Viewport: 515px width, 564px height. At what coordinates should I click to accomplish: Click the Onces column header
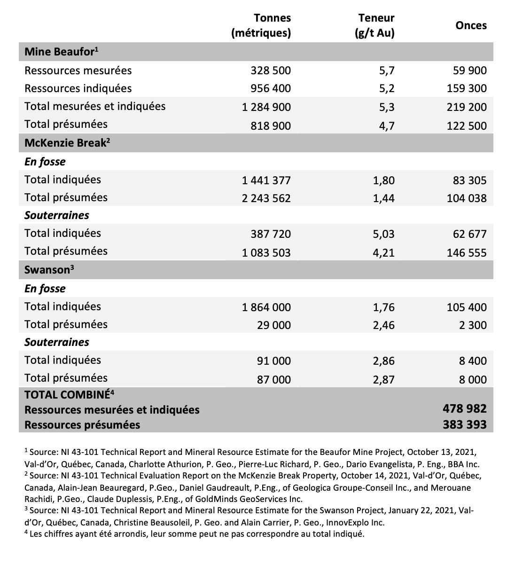click(471, 25)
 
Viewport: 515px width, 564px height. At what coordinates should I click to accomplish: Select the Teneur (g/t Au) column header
click(376, 25)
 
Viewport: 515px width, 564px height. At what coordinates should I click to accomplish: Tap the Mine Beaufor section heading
click(61, 52)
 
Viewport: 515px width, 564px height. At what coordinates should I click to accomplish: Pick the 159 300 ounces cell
click(467, 88)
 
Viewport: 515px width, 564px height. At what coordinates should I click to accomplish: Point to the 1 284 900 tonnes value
click(266, 107)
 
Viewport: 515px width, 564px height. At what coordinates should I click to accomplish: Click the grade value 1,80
click(383, 180)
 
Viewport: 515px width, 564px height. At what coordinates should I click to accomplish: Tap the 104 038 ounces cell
click(467, 198)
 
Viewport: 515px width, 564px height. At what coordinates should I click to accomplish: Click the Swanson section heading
click(49, 270)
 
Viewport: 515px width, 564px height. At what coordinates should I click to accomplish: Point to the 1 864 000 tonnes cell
click(266, 307)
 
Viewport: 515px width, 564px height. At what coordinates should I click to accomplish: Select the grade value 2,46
click(383, 325)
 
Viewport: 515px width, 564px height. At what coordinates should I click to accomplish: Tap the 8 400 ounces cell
click(473, 361)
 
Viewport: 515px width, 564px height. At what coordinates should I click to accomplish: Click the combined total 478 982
click(465, 409)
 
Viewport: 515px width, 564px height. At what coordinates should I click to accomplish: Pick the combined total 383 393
click(465, 425)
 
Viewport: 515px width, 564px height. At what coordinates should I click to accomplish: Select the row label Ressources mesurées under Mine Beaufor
click(78, 70)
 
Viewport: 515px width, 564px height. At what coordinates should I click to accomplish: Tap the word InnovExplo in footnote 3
click(340, 522)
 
